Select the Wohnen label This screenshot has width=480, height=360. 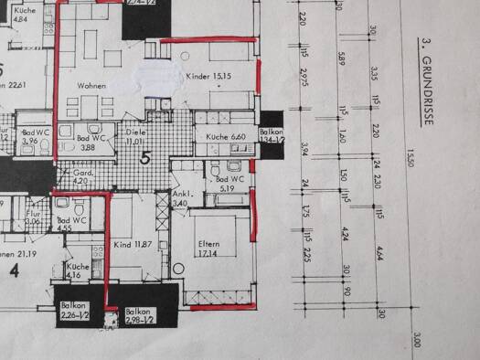click(x=92, y=86)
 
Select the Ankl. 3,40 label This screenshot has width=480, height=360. click(x=180, y=198)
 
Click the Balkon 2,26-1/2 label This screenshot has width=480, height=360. click(x=75, y=310)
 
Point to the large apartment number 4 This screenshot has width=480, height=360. click(x=14, y=271)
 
